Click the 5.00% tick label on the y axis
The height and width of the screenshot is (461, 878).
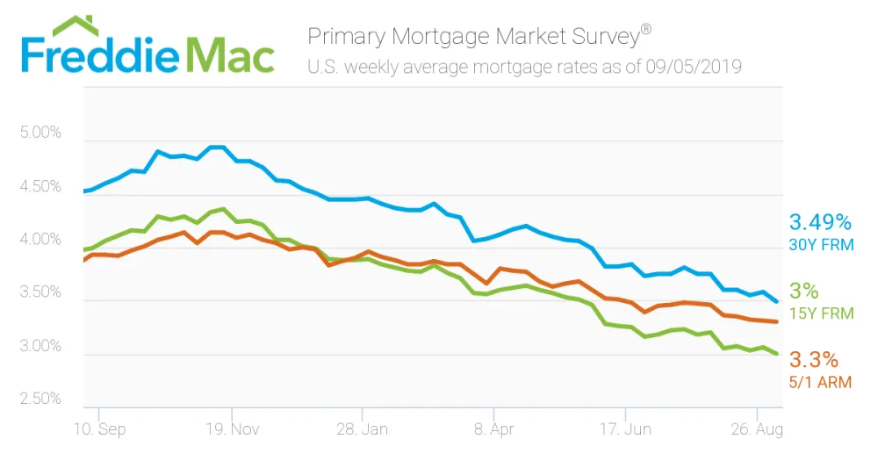point(40,133)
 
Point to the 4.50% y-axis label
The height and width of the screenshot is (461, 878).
point(40,186)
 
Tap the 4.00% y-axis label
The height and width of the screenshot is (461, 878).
point(40,239)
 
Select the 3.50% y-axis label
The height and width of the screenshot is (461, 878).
point(40,292)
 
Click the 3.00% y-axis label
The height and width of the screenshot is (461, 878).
point(40,346)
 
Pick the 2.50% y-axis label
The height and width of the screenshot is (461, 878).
point(40,399)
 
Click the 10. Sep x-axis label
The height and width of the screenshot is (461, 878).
point(100,429)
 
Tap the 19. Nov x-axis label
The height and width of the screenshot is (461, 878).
point(233,429)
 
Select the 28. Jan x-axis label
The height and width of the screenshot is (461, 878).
point(363,429)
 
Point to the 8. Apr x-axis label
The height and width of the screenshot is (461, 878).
point(493,429)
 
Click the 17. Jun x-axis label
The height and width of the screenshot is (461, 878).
point(625,429)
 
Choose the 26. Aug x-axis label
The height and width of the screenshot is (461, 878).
point(757,429)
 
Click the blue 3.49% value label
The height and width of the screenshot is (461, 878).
point(820,222)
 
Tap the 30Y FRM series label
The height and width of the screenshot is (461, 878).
point(822,245)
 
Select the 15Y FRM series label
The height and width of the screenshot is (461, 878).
point(822,313)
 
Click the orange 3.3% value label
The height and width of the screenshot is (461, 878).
point(814,360)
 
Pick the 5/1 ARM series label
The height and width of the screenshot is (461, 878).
point(820,383)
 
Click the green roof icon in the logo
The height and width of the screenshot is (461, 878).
point(75,26)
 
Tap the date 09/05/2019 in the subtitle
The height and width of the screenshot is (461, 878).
point(694,67)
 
